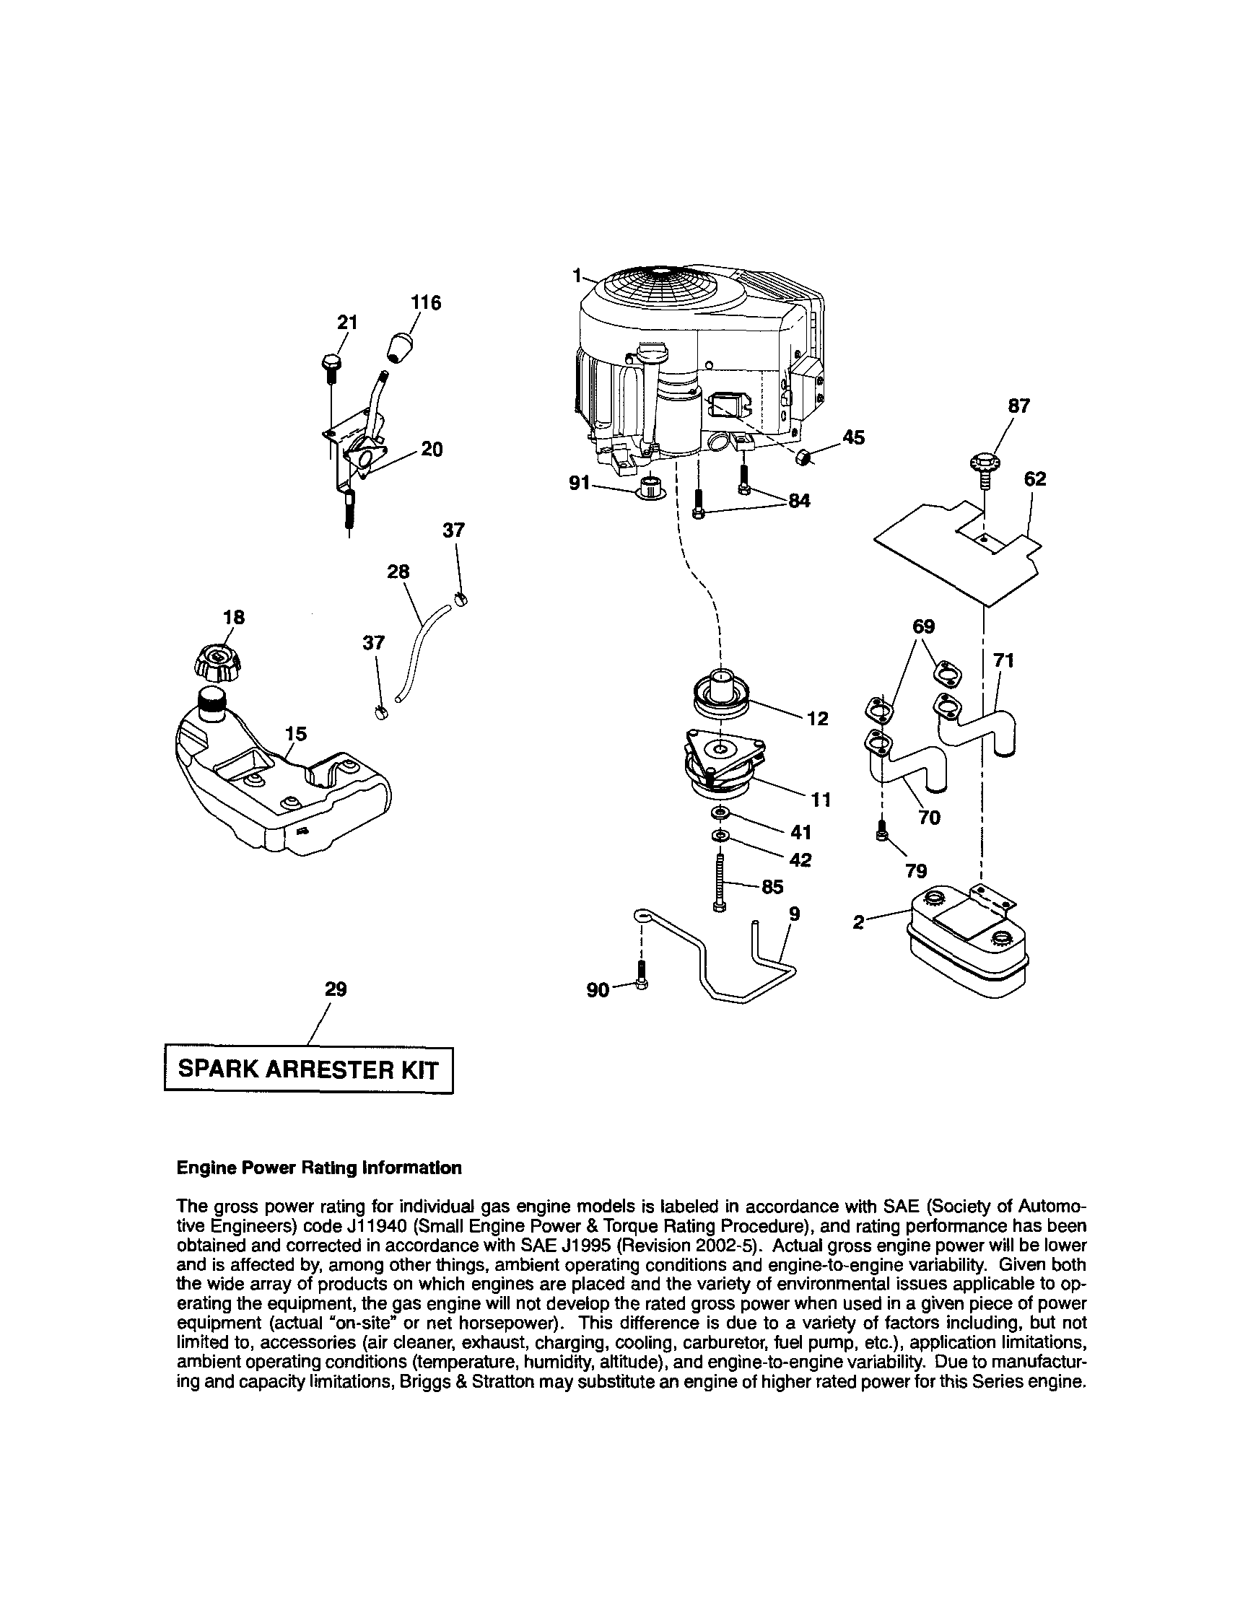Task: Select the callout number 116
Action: point(426,302)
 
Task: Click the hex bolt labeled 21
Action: point(330,367)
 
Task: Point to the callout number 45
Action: point(853,437)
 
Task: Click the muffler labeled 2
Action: point(966,943)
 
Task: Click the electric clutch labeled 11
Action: point(723,762)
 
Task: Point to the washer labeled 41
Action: point(720,813)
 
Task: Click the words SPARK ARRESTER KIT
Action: point(307,1069)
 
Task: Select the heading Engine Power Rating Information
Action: point(320,1168)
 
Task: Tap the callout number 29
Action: point(335,989)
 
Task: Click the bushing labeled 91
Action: point(649,489)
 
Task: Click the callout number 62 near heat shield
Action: point(1034,479)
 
